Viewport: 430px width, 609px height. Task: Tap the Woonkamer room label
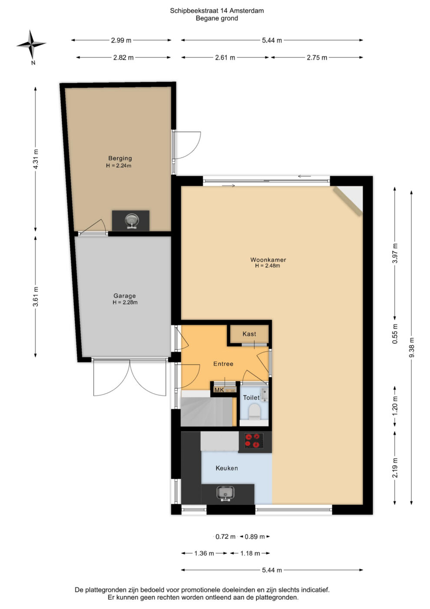coord(268,260)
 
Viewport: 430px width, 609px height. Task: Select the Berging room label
coord(120,158)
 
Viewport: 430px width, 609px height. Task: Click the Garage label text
coord(124,295)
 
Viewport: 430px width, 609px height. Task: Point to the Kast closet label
coord(249,334)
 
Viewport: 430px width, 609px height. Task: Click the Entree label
coord(223,364)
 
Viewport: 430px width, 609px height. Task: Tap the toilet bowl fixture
coord(255,411)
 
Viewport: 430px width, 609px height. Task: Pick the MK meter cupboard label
coord(219,390)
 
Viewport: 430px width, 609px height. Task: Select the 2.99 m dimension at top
coord(121,40)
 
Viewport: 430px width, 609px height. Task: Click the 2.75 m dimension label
coord(317,57)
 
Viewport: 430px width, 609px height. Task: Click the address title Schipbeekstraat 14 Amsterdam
coord(217,10)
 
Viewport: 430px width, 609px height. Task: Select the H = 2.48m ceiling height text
coord(268,266)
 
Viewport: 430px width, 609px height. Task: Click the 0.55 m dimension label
coord(395,334)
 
